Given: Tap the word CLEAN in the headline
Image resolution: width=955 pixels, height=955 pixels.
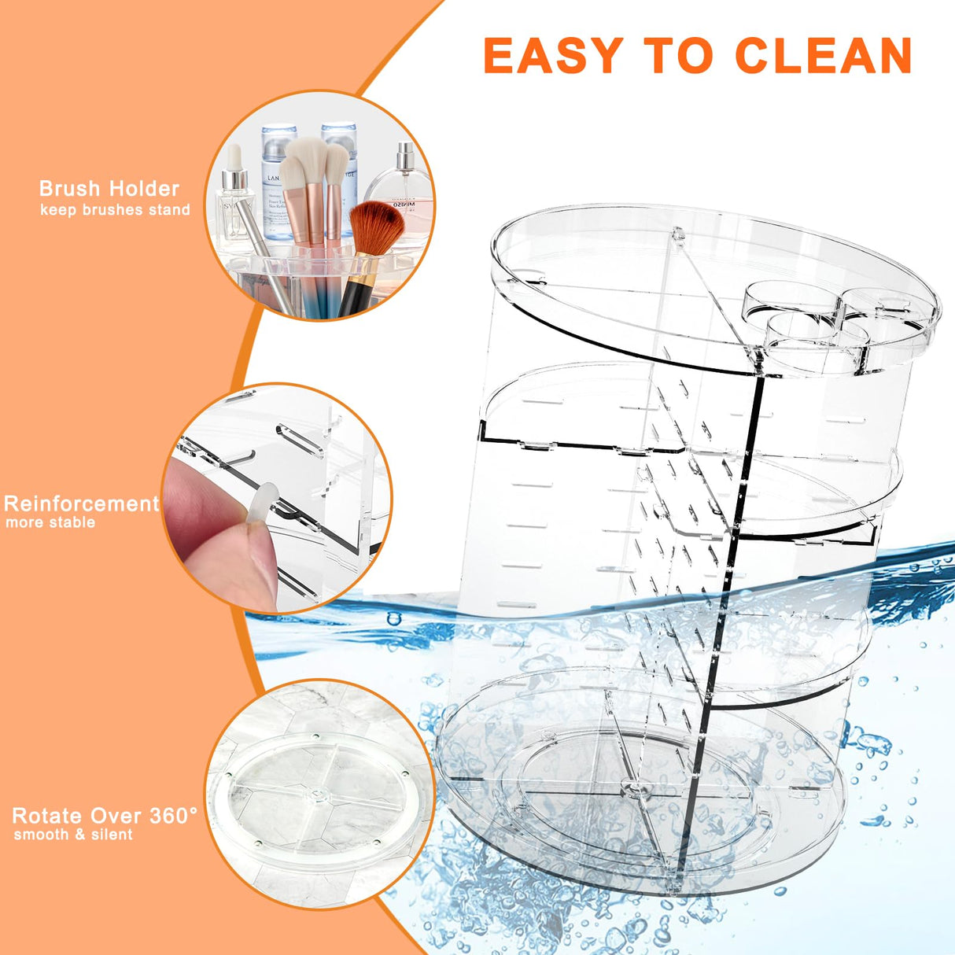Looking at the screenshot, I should point(823,57).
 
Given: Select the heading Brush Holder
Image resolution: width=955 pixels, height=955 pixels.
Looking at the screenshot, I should point(109,189).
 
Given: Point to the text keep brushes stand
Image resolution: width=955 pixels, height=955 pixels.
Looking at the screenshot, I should point(115,210).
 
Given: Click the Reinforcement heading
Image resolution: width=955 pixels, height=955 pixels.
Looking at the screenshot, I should point(81,504).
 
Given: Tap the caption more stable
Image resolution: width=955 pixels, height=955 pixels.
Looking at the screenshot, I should point(50,523).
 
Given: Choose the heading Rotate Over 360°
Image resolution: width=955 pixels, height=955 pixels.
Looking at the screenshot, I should point(105,816).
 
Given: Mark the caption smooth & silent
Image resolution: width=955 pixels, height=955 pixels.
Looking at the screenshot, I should point(73,835).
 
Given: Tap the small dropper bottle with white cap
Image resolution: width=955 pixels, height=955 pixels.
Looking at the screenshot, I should point(234,197).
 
